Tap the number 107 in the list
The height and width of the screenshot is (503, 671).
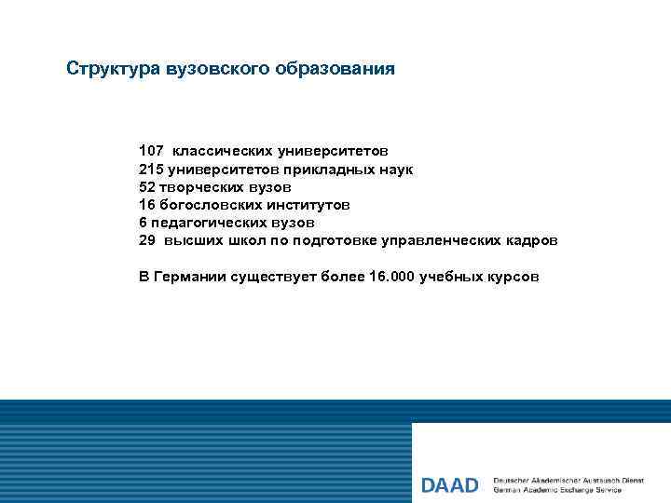pyautogui.click(x=151, y=150)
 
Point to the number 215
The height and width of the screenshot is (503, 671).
pyautogui.click(x=151, y=169)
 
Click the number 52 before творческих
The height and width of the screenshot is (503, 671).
pyautogui.click(x=147, y=186)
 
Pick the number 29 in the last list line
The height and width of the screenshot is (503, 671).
pyautogui.click(x=147, y=240)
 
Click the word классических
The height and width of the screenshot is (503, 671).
pyautogui.click(x=215, y=150)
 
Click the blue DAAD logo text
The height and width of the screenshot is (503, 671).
pyautogui.click(x=450, y=485)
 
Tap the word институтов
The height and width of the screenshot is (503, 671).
pyautogui.click(x=310, y=204)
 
